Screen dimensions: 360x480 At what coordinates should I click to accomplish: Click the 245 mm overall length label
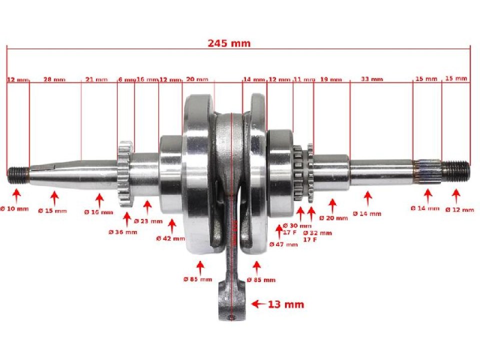tap(229, 43)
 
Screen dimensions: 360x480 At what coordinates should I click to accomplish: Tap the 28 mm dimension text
tap(54, 79)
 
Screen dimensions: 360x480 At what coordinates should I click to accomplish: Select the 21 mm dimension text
tap(96, 79)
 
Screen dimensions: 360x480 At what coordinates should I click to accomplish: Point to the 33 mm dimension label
tap(371, 79)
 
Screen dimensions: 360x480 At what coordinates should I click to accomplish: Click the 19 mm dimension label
tap(331, 79)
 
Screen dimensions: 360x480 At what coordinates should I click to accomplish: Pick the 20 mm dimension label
tap(197, 79)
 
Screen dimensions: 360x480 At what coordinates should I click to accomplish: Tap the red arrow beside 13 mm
tap(258, 304)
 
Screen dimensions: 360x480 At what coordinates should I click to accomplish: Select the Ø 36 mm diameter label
tap(122, 232)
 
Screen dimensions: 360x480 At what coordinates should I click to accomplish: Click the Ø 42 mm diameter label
tap(170, 238)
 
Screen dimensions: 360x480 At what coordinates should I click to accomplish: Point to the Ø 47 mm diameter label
tap(283, 244)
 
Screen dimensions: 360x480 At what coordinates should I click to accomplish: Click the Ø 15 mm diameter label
tap(52, 210)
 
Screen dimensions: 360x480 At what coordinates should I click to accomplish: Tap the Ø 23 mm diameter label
tap(148, 221)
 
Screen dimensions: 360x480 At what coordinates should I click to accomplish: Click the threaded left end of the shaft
tap(17, 173)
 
